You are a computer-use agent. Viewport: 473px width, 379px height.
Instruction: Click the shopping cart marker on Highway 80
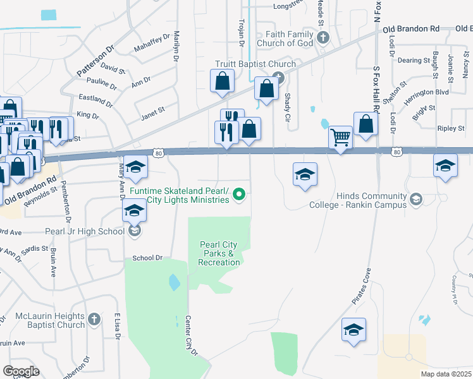click(x=341, y=137)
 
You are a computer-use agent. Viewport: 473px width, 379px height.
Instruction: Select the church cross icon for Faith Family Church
click(x=323, y=38)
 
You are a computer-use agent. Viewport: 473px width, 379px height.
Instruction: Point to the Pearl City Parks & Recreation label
click(x=219, y=253)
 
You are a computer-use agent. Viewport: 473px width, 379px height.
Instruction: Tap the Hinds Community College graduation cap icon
click(x=415, y=200)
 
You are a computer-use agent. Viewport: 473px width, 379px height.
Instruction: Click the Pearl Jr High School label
click(x=84, y=231)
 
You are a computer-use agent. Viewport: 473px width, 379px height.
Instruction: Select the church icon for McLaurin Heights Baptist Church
click(x=94, y=320)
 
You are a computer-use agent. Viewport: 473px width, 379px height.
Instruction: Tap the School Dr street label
click(x=148, y=258)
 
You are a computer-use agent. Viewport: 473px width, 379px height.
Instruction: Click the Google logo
click(x=21, y=371)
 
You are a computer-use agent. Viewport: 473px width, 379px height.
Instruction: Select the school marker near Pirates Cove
click(x=353, y=330)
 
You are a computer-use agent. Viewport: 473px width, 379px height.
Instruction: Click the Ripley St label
click(x=451, y=128)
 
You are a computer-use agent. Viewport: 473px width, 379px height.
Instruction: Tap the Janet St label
click(x=152, y=110)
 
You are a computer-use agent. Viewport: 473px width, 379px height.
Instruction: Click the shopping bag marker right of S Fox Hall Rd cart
click(x=366, y=124)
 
